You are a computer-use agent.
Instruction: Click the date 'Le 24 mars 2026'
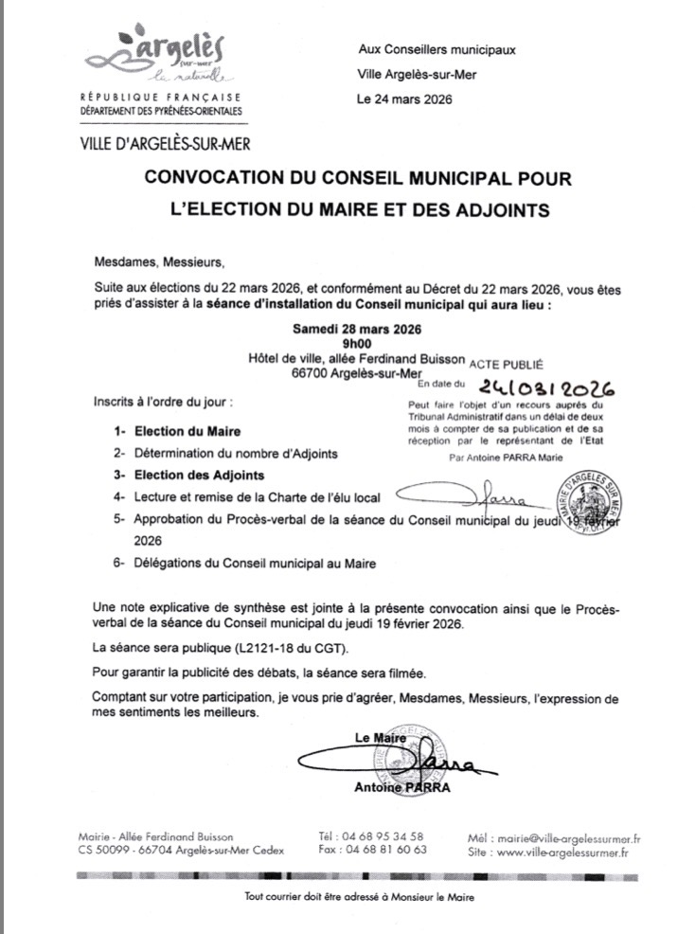(x=404, y=99)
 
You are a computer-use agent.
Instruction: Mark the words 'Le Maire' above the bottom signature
(x=379, y=737)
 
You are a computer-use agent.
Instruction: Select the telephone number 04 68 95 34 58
(x=385, y=836)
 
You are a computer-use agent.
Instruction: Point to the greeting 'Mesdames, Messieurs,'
(x=160, y=261)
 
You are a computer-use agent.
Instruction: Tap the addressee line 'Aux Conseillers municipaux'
(x=437, y=49)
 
